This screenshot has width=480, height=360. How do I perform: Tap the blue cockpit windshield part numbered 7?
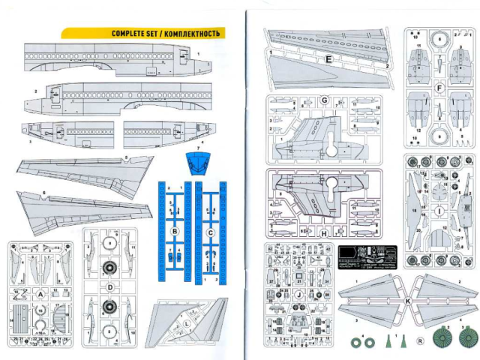coord(196,163)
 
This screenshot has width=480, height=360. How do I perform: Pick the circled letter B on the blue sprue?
coord(173,232)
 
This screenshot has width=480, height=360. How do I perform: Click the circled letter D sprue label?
coord(109,286)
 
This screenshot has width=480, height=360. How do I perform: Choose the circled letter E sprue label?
coord(328,58)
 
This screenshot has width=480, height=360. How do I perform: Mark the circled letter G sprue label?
coord(325,100)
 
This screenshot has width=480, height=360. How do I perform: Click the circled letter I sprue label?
coord(437,212)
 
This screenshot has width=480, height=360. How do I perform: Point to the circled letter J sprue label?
coord(298,295)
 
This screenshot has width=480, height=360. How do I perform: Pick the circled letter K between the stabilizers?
coord(406,300)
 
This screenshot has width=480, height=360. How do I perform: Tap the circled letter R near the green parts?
coord(419,340)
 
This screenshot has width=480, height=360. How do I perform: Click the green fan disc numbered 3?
coord(467,337)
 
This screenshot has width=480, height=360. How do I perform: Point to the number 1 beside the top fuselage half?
coord(198,53)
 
